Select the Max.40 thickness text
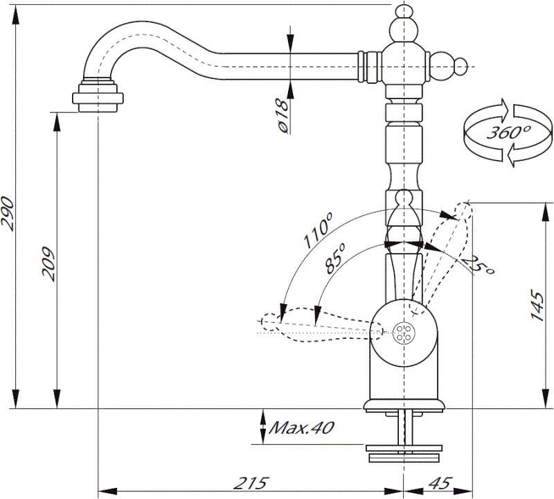tap(301, 428)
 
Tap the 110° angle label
tap(319, 231)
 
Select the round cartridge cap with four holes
tap(402, 333)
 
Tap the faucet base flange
tap(402, 405)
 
